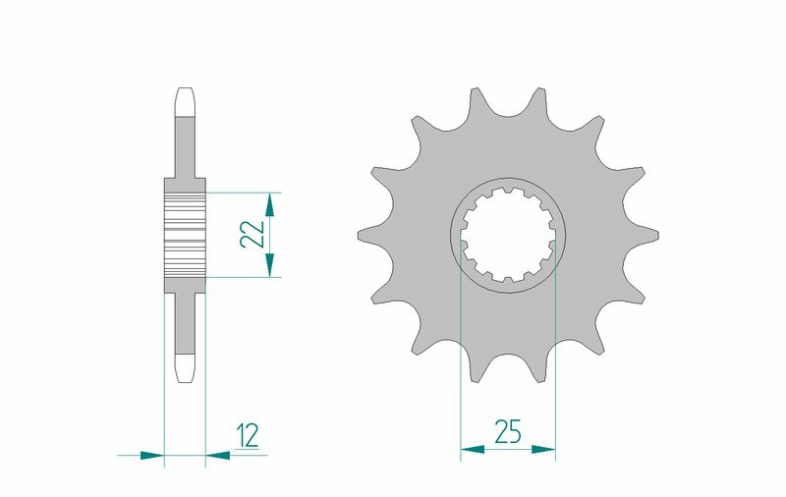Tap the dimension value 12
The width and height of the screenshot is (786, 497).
[x=249, y=435]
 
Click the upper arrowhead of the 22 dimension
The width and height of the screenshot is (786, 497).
[x=271, y=204]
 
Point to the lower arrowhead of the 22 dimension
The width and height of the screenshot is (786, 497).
[x=271, y=264]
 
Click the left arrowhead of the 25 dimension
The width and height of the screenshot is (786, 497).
[x=473, y=450]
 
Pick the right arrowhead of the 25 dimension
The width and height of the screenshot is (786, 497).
[x=544, y=450]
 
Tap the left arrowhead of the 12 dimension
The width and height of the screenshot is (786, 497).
[x=150, y=455]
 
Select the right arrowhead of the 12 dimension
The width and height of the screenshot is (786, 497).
[x=218, y=455]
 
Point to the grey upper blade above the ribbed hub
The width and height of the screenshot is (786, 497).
[x=185, y=147]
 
